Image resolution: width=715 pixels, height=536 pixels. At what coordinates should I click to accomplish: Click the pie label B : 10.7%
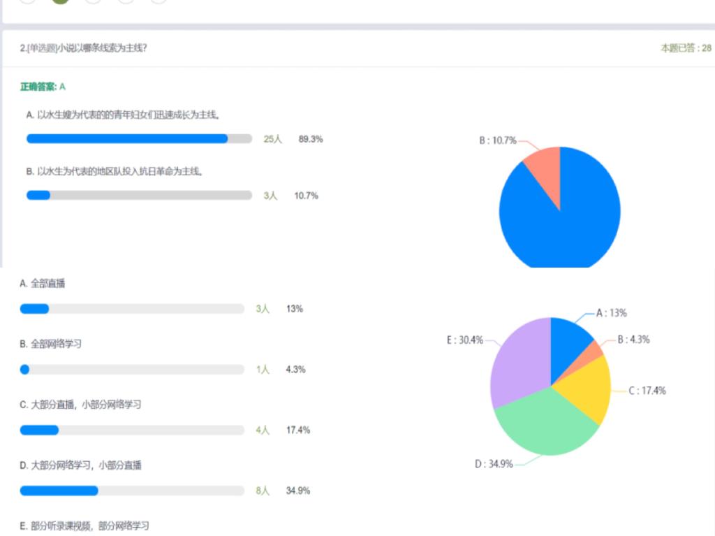pos(497,140)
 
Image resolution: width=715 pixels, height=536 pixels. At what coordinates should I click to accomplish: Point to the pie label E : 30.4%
pos(465,340)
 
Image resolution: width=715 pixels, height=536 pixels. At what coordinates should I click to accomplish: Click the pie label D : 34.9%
pos(494,464)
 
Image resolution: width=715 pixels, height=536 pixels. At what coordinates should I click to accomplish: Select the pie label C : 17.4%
pos(647,391)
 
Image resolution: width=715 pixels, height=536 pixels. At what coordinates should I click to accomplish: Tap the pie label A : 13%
pos(611,313)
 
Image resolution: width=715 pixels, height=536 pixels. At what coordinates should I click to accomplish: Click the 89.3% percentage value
pos(311,139)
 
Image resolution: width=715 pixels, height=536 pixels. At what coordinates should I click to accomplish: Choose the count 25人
pos(272,139)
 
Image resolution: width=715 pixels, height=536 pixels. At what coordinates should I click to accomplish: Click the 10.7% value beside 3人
pos(306,196)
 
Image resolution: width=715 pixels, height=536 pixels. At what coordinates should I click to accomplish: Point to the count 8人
pos(263,491)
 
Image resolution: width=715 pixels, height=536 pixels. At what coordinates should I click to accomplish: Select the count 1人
pos(263,370)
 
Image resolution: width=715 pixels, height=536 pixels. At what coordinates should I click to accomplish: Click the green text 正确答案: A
pos(43,87)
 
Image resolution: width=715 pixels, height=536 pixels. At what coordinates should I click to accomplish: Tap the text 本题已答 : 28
pos(686,48)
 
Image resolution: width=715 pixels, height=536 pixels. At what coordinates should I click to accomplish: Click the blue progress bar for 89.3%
pos(127,138)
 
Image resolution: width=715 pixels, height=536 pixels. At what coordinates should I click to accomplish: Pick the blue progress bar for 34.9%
pos(59,491)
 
